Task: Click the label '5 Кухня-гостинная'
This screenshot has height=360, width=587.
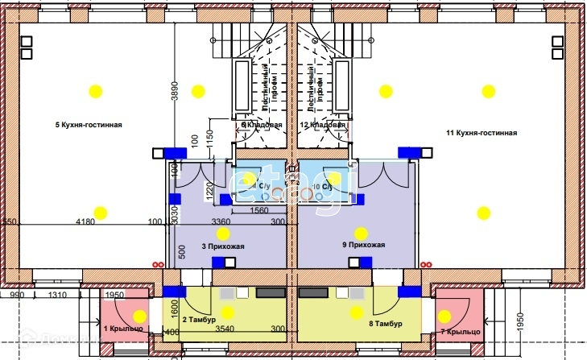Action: pyautogui.click(x=89, y=125)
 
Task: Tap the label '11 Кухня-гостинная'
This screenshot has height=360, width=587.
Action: pyautogui.click(x=482, y=133)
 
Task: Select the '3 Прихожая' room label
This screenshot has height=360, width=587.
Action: pyautogui.click(x=222, y=246)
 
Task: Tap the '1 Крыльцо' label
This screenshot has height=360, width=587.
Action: pyautogui.click(x=123, y=329)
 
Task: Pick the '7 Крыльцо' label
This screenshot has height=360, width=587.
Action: pyautogui.click(x=461, y=332)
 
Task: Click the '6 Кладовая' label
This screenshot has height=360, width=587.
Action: pyautogui.click(x=262, y=126)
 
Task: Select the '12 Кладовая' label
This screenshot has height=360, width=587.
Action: pyautogui.click(x=322, y=126)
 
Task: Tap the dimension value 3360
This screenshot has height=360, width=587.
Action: pyautogui.click(x=221, y=221)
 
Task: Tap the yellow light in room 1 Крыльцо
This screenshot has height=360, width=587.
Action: pyautogui.click(x=140, y=315)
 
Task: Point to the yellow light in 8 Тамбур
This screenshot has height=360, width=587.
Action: pyautogui.click(x=356, y=312)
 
